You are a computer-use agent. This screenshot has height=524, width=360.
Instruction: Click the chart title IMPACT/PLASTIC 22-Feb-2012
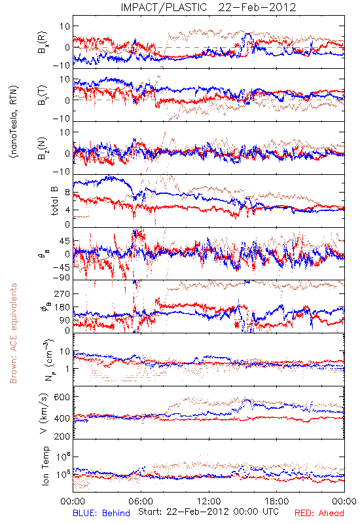208,7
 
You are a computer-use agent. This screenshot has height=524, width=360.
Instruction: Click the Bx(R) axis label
43,42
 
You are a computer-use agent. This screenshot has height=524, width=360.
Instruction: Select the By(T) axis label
43,95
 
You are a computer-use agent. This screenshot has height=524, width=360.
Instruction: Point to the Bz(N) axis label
43,148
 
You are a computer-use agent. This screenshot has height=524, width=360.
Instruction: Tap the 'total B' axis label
54,200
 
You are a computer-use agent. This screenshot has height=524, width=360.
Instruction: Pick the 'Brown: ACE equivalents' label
13,333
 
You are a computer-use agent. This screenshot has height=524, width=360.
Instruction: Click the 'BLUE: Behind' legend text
101,513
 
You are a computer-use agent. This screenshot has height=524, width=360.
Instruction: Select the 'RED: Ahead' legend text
319,513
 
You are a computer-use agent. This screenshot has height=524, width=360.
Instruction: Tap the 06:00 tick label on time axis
141,501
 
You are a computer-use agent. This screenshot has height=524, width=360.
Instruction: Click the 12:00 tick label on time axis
209,501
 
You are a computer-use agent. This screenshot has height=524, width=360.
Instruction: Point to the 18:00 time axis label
276,501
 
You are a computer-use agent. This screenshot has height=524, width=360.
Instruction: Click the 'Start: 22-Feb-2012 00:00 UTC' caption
208,512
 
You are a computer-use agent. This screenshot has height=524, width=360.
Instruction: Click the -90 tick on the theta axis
61,278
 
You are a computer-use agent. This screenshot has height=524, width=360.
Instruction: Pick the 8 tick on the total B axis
67,193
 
